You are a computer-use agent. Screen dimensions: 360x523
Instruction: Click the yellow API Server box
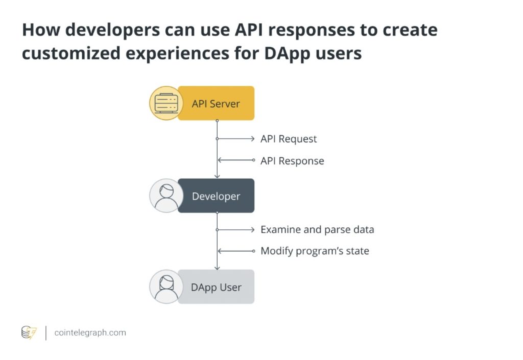216,104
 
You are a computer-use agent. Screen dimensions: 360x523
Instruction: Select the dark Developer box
216,196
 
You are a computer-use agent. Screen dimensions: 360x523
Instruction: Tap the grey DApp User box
216,287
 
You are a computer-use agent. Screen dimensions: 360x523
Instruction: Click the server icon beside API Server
165,103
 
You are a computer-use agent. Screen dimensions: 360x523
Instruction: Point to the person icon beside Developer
166,196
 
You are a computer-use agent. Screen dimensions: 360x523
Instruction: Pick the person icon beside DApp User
166,287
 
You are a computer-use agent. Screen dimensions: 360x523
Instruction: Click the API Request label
289,139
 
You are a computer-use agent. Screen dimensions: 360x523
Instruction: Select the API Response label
292,161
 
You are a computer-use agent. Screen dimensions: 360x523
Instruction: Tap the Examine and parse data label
317,230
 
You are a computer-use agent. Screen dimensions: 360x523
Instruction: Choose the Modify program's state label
315,251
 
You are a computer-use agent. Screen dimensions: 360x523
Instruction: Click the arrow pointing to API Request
236,139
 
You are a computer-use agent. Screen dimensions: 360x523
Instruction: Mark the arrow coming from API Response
236,160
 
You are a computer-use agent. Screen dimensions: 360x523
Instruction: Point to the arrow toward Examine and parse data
236,230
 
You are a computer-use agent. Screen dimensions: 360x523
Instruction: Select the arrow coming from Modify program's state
236,251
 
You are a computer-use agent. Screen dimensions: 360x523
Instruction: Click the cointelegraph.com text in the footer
90,333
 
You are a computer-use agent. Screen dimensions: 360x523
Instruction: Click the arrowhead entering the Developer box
217,176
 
